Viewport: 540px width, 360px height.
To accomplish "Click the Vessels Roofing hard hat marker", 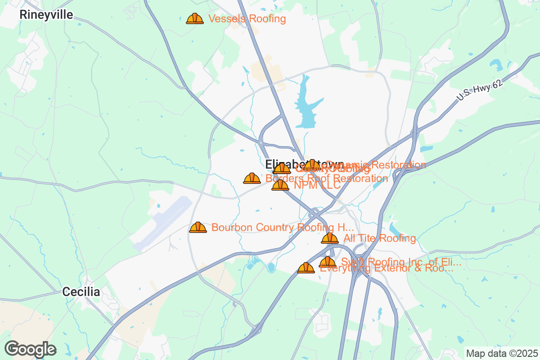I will pos(194,18).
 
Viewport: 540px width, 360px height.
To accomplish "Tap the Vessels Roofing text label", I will pos(247,19).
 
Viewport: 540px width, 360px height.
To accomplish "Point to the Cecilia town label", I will pos(81,292).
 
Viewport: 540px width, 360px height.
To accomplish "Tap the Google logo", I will pos(30,349).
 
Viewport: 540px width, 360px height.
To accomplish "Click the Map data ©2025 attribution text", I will pos(501,353).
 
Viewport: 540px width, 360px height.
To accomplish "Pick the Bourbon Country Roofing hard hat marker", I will pos(198,227).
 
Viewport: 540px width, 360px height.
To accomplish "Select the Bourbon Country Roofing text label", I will pos(283,227).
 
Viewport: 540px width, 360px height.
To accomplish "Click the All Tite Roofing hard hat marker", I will pos(329,238).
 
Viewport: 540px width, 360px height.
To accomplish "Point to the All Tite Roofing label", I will pos(379,238).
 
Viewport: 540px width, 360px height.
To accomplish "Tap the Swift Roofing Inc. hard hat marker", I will pos(327,261).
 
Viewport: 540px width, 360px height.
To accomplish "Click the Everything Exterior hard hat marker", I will pos(306,268).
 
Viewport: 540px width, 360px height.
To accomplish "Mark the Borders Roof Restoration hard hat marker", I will pos(252,178).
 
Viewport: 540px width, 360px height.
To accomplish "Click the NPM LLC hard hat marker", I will pos(280,185).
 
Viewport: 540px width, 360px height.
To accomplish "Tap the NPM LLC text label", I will pos(317,185).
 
